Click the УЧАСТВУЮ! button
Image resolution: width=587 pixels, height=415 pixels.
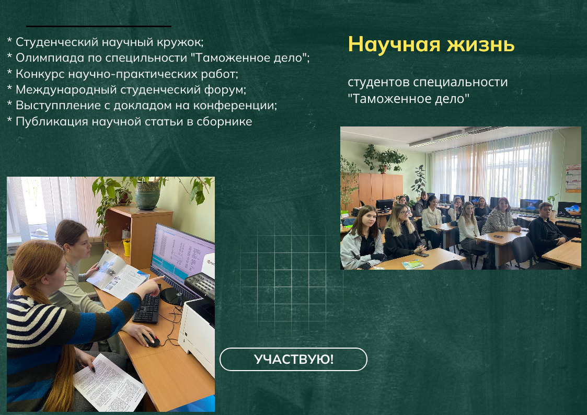tap(293, 359)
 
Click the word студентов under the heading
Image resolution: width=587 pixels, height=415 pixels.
tap(379, 83)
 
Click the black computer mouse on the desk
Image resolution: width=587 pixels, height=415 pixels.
tap(151, 340)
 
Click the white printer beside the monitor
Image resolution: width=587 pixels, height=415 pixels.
tap(197, 329)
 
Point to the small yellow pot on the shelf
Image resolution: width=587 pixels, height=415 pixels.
tap(126, 247)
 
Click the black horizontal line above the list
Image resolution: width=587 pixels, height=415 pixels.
tap(99, 26)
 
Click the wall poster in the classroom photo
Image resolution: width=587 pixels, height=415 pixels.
tap(573, 179)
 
